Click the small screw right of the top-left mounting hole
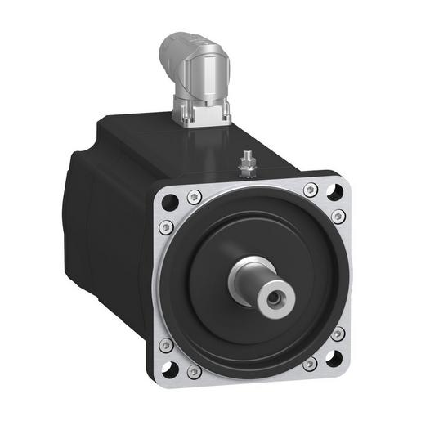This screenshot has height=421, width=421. (x=194, y=196)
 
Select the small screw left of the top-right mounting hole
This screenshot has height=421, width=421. (x=309, y=190)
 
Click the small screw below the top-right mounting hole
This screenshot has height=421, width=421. (x=338, y=217)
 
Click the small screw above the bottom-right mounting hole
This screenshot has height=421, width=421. (x=338, y=333)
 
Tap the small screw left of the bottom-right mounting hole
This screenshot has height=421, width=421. (x=310, y=364)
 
